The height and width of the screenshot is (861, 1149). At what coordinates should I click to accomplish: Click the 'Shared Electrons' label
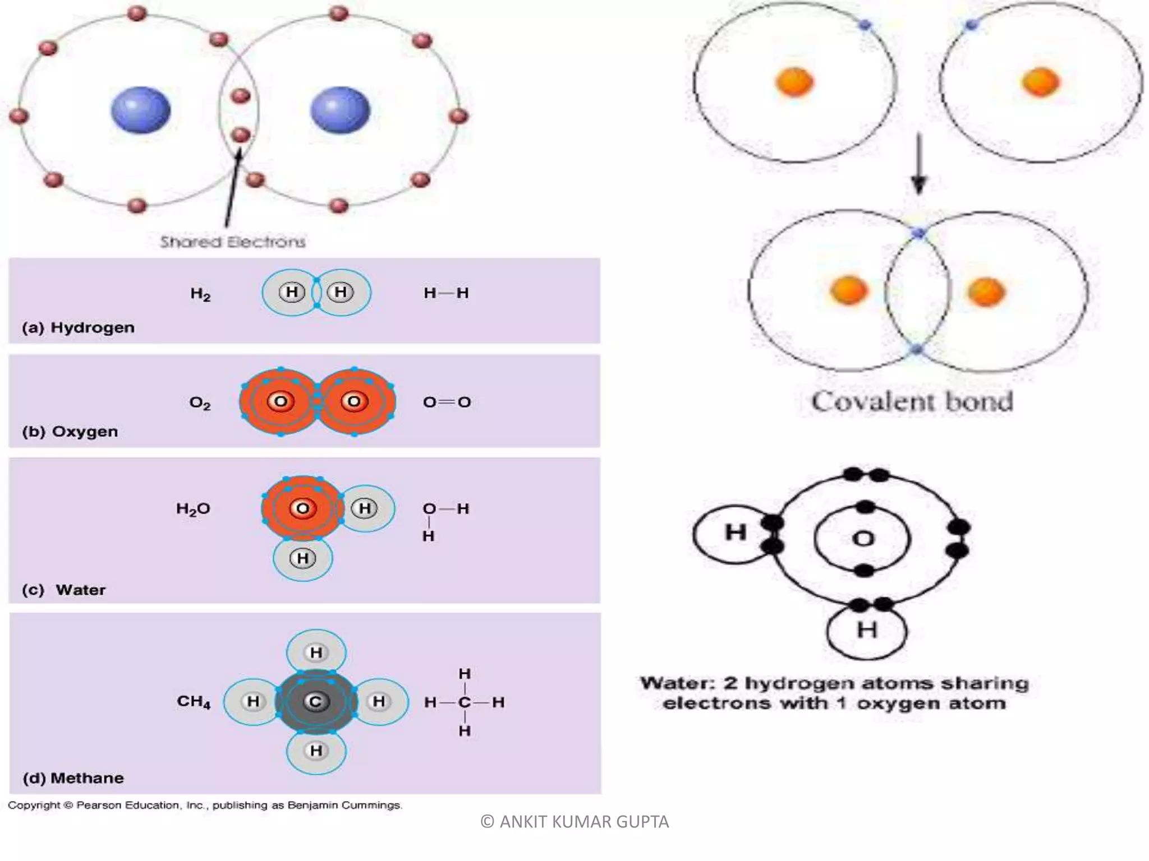pos(233,242)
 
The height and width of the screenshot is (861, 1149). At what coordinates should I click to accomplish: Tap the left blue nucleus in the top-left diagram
pos(140,110)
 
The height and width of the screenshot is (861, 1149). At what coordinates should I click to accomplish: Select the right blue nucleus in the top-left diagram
pos(340,110)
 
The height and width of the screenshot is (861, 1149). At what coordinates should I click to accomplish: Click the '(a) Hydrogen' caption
pos(78,328)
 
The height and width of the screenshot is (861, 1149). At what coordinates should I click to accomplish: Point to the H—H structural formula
pos(446,293)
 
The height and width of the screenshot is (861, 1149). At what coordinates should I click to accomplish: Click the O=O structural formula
pos(447,402)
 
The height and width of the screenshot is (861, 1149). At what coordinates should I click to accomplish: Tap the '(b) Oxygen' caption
pos(70,432)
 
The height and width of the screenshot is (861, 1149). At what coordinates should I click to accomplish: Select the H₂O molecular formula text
pos(193,509)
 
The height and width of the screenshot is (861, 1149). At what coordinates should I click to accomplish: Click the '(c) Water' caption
pos(63,590)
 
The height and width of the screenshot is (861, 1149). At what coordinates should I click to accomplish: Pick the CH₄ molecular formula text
pos(194,702)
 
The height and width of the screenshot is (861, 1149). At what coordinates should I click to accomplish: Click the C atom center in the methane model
pos(316,702)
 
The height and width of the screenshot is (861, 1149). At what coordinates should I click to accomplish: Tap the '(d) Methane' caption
pos(73,778)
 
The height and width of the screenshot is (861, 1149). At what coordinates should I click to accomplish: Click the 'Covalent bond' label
pos(912,402)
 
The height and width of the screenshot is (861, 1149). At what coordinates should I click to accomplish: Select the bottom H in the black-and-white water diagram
pos(867,631)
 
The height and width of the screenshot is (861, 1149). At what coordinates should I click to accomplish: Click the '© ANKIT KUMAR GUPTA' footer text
pos(574,822)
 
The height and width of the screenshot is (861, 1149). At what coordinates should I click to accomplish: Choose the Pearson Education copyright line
pos(205,806)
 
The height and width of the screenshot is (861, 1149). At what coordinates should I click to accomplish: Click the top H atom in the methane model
pos(316,652)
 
